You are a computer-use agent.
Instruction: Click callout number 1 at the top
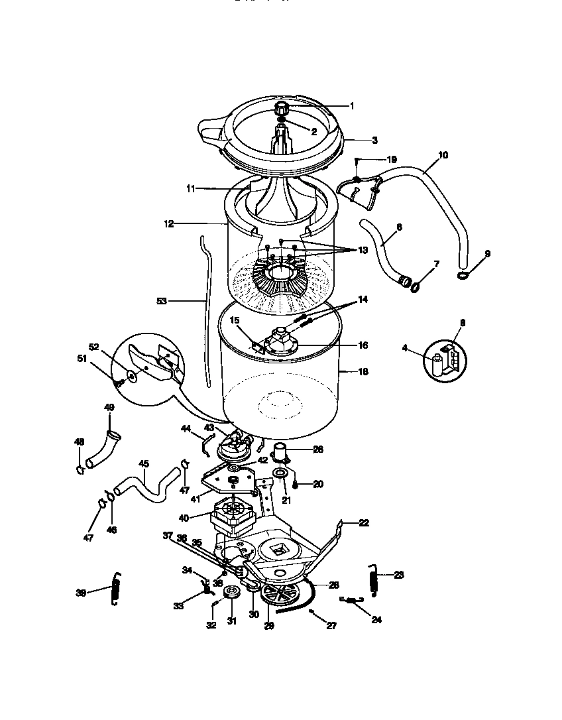point(352,105)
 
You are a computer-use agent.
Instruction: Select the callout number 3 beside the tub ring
point(374,141)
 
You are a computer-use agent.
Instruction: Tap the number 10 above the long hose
point(443,155)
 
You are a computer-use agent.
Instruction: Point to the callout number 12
point(168,224)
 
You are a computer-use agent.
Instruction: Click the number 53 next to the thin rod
point(162,301)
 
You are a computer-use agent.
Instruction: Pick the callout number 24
point(376,621)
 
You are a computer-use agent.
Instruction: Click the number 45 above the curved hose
point(142,464)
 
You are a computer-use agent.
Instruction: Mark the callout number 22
point(363,523)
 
